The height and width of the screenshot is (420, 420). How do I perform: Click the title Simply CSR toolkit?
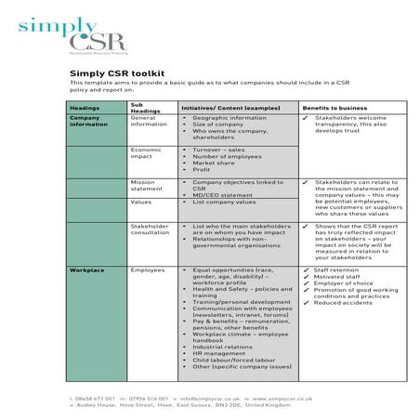pos(117,72)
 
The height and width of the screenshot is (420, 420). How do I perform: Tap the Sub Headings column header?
pos(143,108)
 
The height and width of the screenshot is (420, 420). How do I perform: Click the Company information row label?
pos(89,122)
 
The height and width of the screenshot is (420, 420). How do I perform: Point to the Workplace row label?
pos(86,269)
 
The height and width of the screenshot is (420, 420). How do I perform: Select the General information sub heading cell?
pos(149,122)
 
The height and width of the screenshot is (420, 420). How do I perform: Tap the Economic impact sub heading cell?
pos(147,152)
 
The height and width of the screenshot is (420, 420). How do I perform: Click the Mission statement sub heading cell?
pos(144,185)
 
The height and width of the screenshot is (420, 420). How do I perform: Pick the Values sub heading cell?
pos(141,202)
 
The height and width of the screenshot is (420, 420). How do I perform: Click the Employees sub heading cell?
pos(148,269)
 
